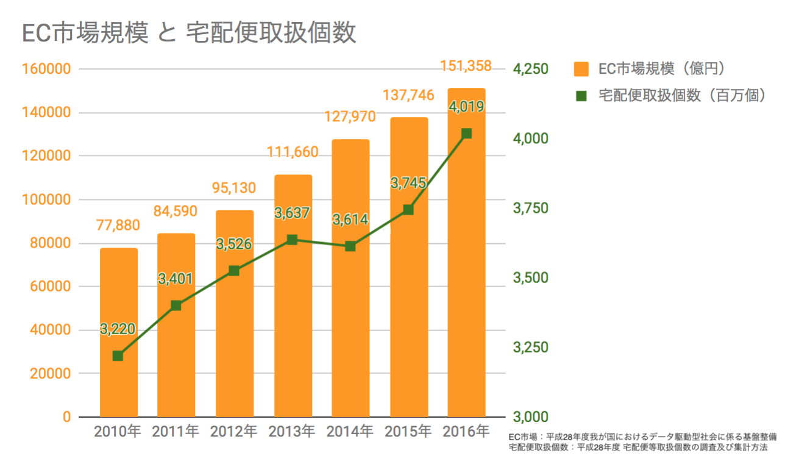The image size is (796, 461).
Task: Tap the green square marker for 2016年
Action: pos(466,134)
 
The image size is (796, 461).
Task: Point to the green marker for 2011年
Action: pos(176,306)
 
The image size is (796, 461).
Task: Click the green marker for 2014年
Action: pos(350,246)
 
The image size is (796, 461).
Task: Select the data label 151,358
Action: pos(466,65)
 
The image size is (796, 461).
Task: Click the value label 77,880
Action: pos(118,225)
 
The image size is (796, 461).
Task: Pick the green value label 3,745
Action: pos(408,184)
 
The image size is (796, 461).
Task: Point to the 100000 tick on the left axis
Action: pos(46,200)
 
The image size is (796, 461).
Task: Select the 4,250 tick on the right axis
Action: pos(531,69)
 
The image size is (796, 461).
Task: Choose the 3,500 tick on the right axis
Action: pos(531,278)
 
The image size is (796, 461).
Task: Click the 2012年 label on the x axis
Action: pos(234,432)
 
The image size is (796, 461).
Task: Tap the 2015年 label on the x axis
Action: pos(408,432)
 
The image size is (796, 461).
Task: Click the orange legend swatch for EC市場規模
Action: pos(581,70)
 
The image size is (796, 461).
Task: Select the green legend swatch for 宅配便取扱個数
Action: pos(581,96)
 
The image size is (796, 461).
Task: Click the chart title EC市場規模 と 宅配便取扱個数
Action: pos(189,33)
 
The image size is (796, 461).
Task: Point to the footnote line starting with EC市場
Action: pos(642,437)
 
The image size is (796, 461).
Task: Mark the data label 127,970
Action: pos(350,116)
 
